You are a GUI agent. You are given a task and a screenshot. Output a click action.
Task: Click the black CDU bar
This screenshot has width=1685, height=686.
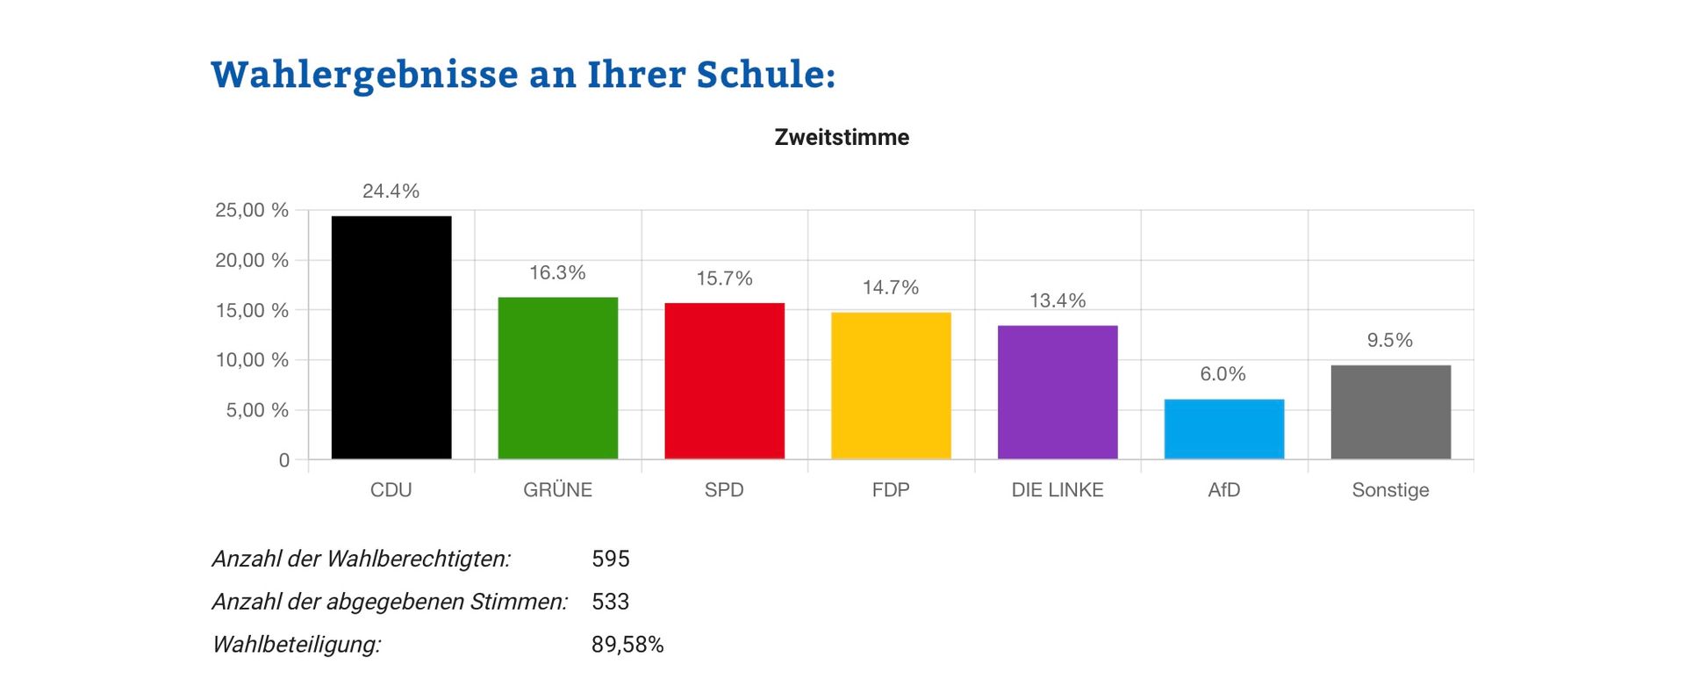(391, 337)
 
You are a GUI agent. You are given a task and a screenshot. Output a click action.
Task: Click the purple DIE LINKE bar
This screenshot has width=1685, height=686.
(1058, 392)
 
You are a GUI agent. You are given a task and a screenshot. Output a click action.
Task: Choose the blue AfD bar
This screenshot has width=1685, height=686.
(1224, 429)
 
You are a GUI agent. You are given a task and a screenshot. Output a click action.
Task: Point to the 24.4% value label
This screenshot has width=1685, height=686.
(391, 191)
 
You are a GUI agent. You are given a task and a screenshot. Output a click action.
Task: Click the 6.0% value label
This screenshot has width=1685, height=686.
(1223, 373)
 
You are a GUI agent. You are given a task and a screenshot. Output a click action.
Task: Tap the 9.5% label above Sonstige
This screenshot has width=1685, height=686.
(1389, 340)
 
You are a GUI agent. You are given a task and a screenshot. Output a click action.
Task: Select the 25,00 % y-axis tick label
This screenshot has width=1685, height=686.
(252, 210)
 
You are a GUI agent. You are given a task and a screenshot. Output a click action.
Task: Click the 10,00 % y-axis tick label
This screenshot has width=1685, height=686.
(252, 359)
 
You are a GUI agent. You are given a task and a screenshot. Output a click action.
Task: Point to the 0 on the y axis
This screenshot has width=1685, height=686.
(283, 460)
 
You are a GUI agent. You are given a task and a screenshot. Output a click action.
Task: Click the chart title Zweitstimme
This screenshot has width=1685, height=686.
(842, 137)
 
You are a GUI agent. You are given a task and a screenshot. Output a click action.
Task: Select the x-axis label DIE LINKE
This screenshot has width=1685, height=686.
(1058, 490)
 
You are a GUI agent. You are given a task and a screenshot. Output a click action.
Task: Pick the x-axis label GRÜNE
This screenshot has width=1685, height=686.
(558, 490)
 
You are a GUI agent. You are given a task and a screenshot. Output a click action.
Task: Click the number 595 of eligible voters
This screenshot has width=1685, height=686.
(611, 559)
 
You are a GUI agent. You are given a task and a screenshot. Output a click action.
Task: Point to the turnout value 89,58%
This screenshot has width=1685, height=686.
(627, 645)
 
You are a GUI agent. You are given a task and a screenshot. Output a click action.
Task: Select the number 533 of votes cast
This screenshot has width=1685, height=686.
(611, 602)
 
